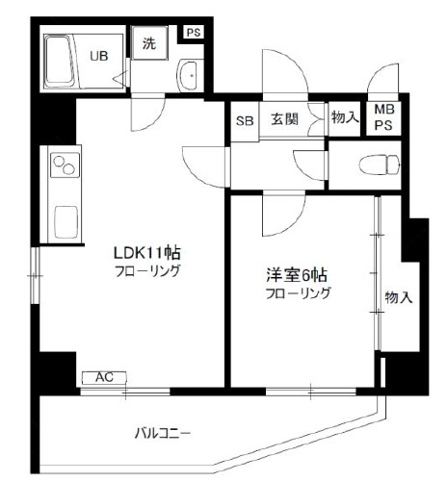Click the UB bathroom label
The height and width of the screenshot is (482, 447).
coord(97,56)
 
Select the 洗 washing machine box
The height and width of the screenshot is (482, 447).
coord(149,44)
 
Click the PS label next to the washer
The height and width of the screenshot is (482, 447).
coord(193,32)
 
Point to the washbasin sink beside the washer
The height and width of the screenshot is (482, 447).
coord(189,73)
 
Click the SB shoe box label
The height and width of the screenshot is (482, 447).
coord(244,121)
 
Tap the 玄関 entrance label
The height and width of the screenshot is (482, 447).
coord(284,120)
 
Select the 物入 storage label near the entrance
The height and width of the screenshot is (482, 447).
coord(344,118)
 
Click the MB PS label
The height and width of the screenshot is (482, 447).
coord(383,118)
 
